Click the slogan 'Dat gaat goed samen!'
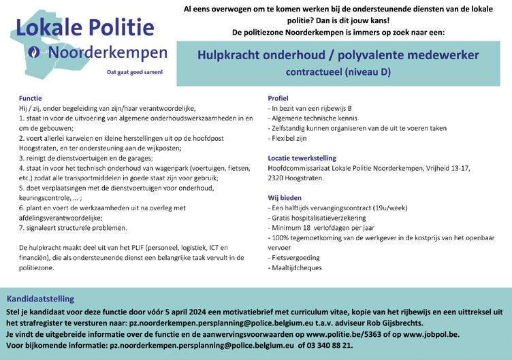(136, 71)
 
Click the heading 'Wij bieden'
(285, 197)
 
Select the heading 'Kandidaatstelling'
(40, 299)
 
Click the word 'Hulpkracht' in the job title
(231, 54)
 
